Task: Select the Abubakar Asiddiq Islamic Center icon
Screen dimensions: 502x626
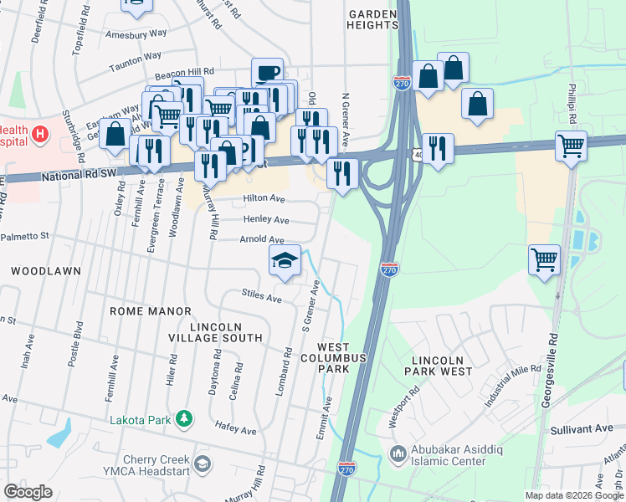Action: pos(398,454)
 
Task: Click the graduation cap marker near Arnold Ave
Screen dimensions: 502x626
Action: pos(285,260)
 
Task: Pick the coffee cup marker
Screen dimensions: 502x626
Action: pos(267,73)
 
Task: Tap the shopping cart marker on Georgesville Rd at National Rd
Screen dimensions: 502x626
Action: pos(571,146)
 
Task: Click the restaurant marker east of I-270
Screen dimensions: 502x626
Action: pos(437,149)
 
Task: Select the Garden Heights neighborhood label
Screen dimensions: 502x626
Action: pos(373,20)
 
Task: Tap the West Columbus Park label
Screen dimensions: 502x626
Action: pos(342,357)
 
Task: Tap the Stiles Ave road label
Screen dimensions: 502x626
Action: pos(261,295)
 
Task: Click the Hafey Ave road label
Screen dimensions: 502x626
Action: pos(235,429)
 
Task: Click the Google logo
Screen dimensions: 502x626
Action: pos(28,492)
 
